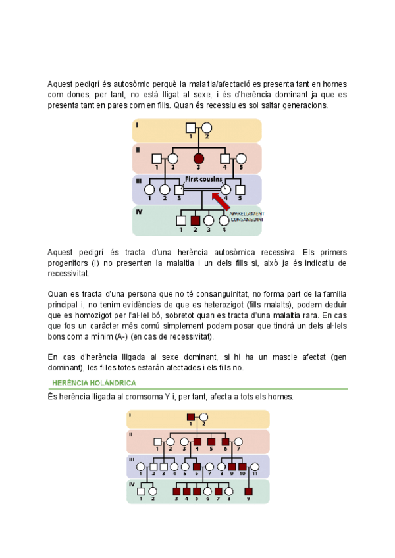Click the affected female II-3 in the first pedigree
(x=198, y=158)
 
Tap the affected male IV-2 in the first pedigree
(x=195, y=220)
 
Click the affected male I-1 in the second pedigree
(x=190, y=417)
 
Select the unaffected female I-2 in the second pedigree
(x=204, y=417)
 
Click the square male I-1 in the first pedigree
(x=190, y=128)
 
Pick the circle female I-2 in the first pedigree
(x=206, y=128)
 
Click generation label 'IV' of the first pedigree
(x=139, y=212)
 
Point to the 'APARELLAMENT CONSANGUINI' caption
(x=246, y=216)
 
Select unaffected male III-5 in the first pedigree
(x=240, y=190)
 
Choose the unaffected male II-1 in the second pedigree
(x=157, y=442)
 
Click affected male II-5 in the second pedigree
(x=211, y=442)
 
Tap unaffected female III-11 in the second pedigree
(x=254, y=467)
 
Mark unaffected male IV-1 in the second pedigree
(x=141, y=490)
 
